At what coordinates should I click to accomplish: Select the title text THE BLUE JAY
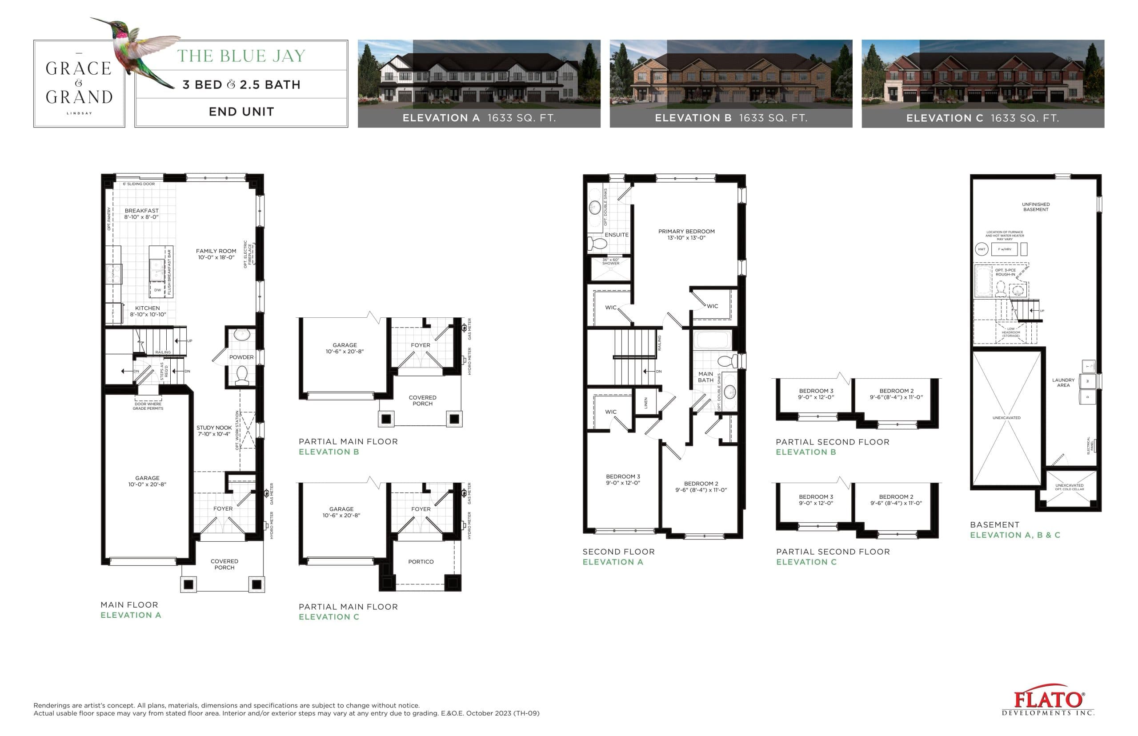pyautogui.click(x=241, y=56)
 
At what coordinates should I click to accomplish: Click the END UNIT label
pyautogui.click(x=241, y=112)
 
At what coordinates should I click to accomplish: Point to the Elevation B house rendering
pyautogui.click(x=730, y=74)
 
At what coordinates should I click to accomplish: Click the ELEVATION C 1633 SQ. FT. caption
pyautogui.click(x=983, y=118)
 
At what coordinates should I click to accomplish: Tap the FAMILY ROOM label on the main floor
pyautogui.click(x=216, y=254)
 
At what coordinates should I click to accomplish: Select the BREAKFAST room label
pyautogui.click(x=141, y=214)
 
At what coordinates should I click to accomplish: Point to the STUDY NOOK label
pyautogui.click(x=214, y=431)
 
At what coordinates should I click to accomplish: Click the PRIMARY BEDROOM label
pyautogui.click(x=686, y=234)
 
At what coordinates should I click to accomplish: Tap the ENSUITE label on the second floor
pyautogui.click(x=617, y=235)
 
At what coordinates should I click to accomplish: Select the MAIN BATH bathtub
pyautogui.click(x=712, y=340)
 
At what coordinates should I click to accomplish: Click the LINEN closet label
pyautogui.click(x=646, y=402)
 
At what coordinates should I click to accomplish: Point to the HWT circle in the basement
pyautogui.click(x=981, y=249)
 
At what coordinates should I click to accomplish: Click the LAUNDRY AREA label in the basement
pyautogui.click(x=1063, y=382)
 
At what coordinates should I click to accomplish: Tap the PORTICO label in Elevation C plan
pyautogui.click(x=421, y=562)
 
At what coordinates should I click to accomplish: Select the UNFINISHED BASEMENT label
pyautogui.click(x=1036, y=207)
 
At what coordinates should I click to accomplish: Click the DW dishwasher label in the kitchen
pyautogui.click(x=157, y=290)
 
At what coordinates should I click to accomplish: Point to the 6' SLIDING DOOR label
pyautogui.click(x=139, y=184)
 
